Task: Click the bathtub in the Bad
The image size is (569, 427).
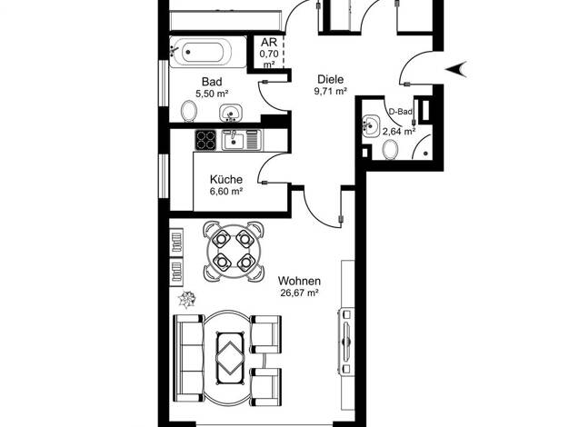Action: pos(203,52)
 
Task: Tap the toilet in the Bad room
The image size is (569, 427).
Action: pos(189,111)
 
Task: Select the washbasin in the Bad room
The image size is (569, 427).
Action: pos(231,113)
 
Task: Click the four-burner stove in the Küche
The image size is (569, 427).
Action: pos(205,140)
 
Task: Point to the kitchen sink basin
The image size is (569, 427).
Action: pos(234,141)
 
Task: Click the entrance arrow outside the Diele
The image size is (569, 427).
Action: pos(456,69)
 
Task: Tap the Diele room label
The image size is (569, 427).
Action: pos(330,79)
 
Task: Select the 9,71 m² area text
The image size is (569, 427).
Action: pos(331,91)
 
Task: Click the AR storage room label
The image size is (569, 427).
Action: pos(269,42)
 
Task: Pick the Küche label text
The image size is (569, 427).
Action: pos(226,179)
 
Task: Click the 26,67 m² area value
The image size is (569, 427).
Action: pos(299,293)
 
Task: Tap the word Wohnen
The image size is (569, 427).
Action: pos(299,281)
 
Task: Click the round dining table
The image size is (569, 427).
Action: pos(234,252)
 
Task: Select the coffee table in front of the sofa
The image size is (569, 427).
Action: pos(230,358)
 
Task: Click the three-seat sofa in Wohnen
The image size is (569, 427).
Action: pos(189,357)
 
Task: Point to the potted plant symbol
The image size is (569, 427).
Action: pos(187,299)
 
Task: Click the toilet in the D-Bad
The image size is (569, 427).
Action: pos(391,149)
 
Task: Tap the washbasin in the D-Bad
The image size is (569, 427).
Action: pos(371,126)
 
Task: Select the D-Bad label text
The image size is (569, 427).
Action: pos(401,112)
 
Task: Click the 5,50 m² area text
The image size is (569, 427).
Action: pos(212,94)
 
